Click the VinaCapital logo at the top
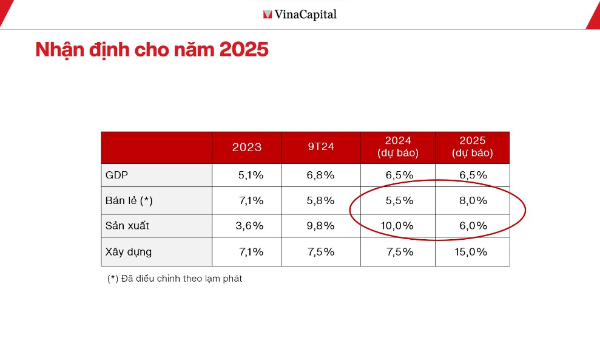300,14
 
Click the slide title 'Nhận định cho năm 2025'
152,50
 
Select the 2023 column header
247,148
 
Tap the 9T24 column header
320,148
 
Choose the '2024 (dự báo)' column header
398,148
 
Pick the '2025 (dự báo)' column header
473,148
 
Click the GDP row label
117,175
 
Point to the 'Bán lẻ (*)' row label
129,200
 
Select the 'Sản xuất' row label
127,226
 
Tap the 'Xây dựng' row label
129,252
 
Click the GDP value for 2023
251,175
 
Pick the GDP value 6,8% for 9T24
320,175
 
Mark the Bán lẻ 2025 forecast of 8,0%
473,200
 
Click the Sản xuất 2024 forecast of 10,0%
397,226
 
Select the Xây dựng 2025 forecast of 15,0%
471,252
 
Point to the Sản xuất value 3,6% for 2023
249,226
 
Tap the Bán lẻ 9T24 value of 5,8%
320,200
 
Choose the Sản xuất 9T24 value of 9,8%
320,226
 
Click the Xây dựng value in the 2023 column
251,252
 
